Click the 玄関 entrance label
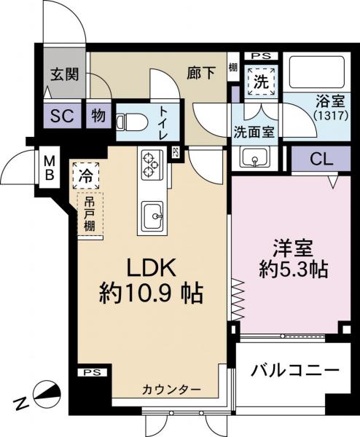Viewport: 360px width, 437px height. tap(64, 75)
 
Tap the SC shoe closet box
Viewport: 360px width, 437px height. tap(60, 115)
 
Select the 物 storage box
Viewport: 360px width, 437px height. tap(97, 115)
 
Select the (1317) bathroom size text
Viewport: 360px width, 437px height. tap(331, 116)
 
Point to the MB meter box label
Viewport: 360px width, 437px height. tap(49, 168)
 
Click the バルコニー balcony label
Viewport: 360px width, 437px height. tap(296, 370)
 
